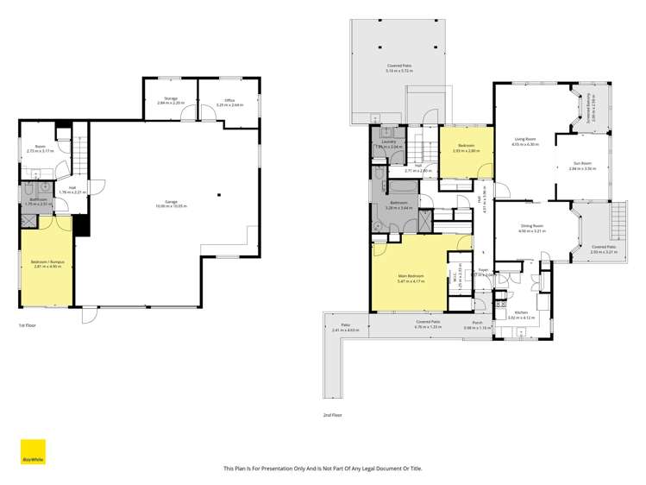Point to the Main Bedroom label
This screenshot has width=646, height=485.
(411, 279)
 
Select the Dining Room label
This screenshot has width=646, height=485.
(531, 229)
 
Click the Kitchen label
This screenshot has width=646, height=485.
(521, 315)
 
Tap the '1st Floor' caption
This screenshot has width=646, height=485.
(28, 325)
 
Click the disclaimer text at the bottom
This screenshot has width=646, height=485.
(323, 469)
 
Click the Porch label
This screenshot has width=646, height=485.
(477, 325)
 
